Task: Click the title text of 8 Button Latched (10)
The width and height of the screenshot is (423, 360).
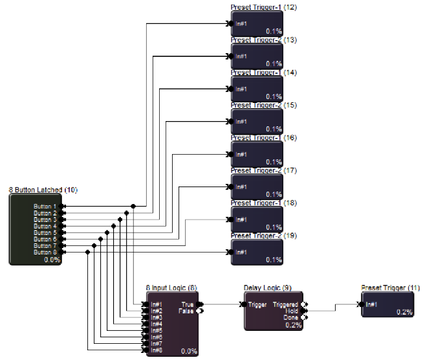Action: tap(43, 190)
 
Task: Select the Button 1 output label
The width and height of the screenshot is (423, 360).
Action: tap(45, 207)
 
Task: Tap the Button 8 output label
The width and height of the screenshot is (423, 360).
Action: tap(45, 252)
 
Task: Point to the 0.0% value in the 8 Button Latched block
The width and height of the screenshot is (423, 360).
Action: tap(52, 259)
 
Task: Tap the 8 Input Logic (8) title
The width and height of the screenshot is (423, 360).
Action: tap(171, 287)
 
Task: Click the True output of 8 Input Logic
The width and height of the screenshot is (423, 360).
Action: tap(188, 304)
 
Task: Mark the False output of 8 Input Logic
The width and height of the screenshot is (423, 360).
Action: tap(186, 311)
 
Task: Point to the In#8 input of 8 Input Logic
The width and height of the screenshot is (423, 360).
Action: tap(157, 350)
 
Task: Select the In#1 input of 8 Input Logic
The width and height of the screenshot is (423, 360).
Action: tap(157, 304)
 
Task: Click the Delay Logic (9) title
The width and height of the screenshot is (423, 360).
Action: tap(268, 287)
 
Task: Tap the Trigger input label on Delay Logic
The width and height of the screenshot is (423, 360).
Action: tap(257, 304)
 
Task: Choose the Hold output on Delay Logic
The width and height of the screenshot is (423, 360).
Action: tap(292, 310)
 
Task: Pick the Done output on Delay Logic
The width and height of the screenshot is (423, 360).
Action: tap(290, 317)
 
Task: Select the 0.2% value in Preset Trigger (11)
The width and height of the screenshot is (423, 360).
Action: tap(404, 311)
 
